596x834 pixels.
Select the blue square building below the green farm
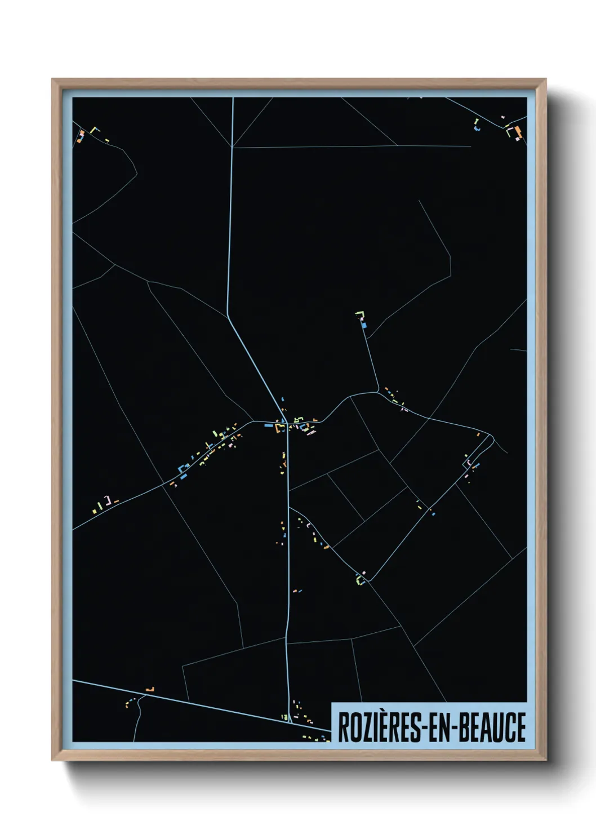click(364, 325)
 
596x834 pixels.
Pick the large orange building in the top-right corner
click(518, 132)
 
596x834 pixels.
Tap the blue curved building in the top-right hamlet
click(478, 129)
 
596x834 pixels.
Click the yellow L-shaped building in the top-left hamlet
click(94, 130)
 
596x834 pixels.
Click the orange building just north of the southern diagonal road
click(149, 689)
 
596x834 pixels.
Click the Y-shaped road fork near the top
click(233, 147)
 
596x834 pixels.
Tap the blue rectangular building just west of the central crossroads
click(269, 426)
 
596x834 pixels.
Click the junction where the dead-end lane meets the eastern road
click(377, 392)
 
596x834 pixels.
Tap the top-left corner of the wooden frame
click(52, 79)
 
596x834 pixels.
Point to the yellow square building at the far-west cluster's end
click(94, 511)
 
